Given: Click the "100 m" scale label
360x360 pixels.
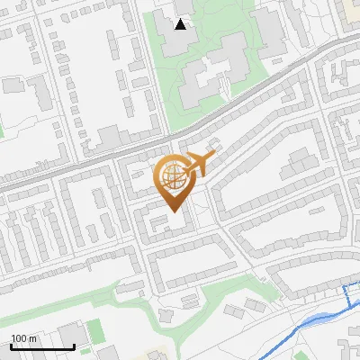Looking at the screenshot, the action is pyautogui.click(x=23, y=338).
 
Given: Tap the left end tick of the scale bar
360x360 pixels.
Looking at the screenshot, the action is pyautogui.click(x=11, y=345).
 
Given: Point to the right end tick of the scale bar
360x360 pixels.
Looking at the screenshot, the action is pyautogui.click(x=74, y=345).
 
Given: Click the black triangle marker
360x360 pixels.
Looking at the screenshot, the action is pyautogui.click(x=182, y=24).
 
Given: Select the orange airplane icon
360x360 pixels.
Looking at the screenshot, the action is pyautogui.click(x=199, y=165).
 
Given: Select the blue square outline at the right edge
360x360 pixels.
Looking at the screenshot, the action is pyautogui.click(x=352, y=294).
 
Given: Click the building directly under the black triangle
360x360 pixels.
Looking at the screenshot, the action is pyautogui.click(x=180, y=40).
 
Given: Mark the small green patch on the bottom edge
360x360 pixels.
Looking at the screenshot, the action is pyautogui.click(x=302, y=355).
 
